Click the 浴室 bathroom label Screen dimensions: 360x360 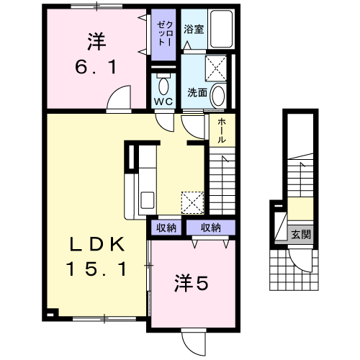194,29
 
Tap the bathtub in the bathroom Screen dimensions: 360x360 221,29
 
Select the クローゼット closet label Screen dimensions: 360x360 164,33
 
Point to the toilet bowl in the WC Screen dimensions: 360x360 164,85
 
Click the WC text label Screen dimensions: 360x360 163,102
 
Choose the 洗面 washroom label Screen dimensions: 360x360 197,92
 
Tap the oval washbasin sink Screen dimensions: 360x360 218,95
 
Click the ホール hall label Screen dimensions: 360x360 222,131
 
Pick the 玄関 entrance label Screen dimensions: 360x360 301,234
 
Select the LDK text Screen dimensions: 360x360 97,244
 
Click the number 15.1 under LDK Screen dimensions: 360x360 96,269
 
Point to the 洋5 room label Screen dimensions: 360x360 191,283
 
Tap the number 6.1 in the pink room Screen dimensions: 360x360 96,67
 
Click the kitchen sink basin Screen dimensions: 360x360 147,200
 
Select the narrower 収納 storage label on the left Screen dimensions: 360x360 166,228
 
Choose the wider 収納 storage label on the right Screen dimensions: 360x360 211,228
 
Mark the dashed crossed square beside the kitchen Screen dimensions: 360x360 192,202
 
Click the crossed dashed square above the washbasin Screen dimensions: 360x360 216,68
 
